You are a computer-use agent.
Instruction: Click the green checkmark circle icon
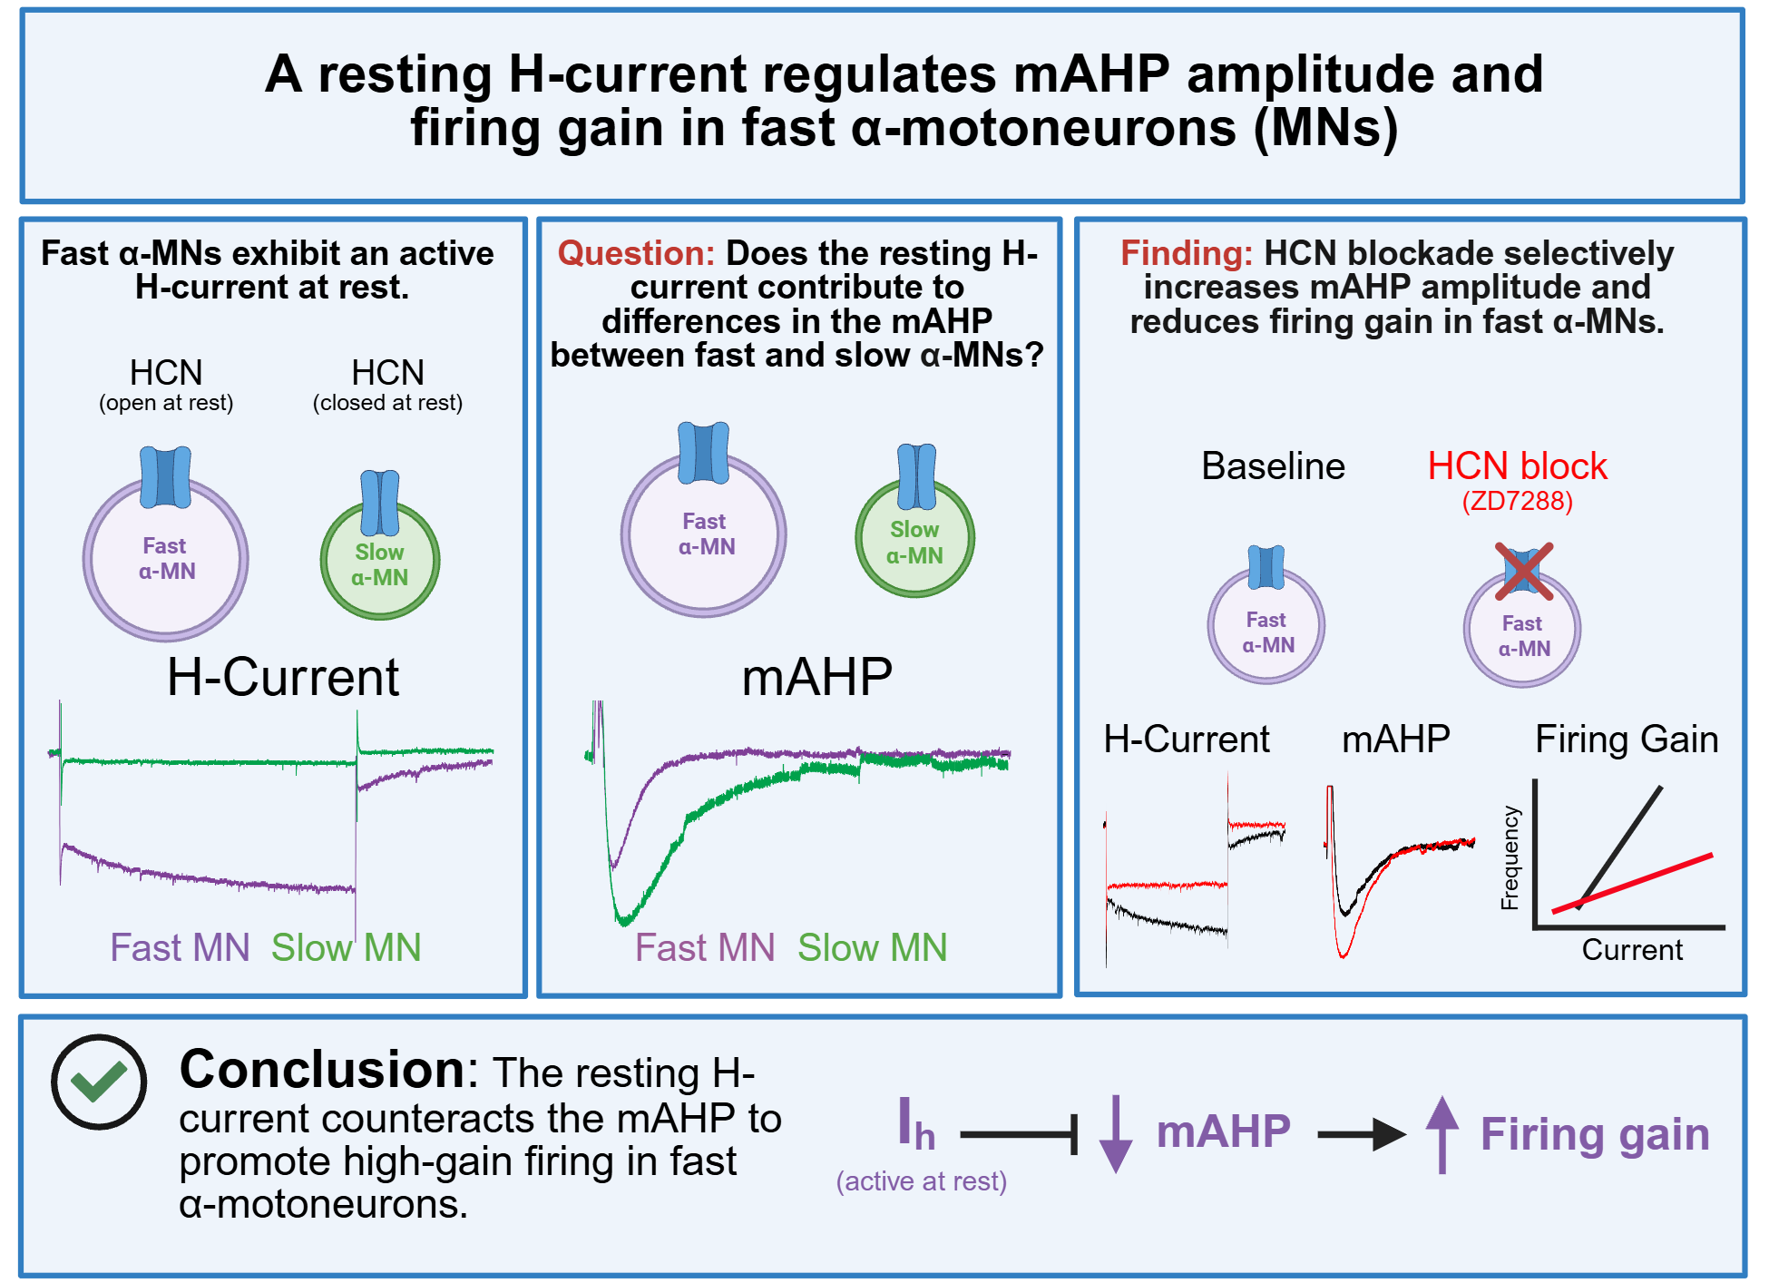(99, 1082)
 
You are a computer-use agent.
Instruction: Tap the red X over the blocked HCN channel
(1524, 572)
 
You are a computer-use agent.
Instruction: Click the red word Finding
(1187, 253)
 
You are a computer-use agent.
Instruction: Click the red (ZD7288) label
(1518, 501)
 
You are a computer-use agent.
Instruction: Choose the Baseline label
(1273, 466)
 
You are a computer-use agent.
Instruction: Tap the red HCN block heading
(1518, 466)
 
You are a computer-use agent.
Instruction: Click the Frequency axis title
(1510, 857)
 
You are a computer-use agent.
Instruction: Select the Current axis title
(1632, 950)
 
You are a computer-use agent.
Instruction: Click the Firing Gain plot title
(1627, 739)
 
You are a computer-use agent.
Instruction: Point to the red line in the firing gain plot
(1633, 883)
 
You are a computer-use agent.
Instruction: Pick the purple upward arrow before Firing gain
(1442, 1134)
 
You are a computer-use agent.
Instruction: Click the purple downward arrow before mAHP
(1116, 1134)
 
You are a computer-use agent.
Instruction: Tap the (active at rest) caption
(922, 1181)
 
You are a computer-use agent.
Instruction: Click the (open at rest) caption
(166, 403)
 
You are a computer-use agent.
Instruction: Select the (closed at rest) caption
(388, 403)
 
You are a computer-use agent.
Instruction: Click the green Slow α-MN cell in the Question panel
(915, 536)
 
